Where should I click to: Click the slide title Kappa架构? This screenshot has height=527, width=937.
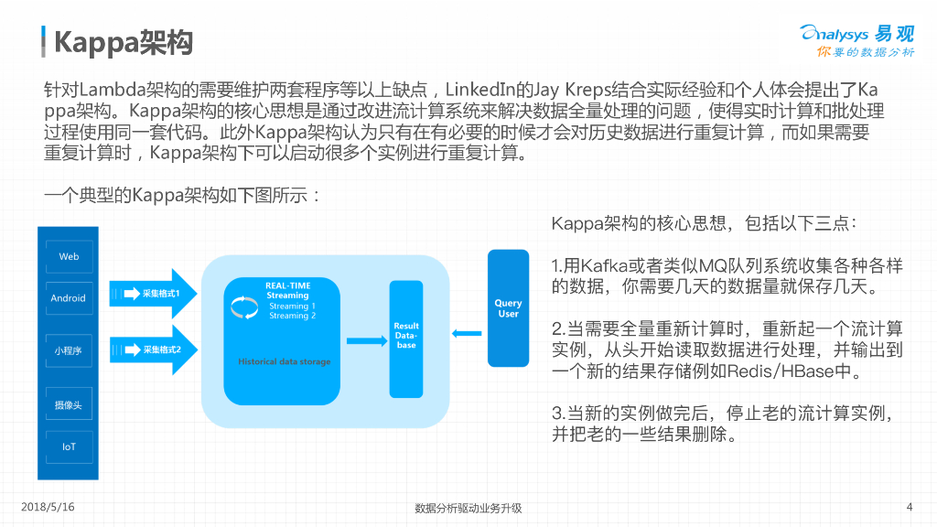tap(123, 41)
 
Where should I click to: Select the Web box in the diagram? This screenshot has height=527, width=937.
tap(69, 256)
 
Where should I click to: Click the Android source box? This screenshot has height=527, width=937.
tap(69, 298)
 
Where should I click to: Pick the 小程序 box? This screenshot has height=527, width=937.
tap(69, 350)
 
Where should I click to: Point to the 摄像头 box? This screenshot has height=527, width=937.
tap(69, 404)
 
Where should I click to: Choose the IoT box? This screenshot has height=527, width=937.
tap(69, 447)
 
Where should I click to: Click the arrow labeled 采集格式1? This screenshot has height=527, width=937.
tap(154, 294)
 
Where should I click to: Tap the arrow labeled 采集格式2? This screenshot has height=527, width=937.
tap(154, 350)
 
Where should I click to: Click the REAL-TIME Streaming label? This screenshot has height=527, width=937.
tap(287, 290)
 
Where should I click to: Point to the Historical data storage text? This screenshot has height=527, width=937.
tap(285, 362)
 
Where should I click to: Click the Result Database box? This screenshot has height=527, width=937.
tap(406, 336)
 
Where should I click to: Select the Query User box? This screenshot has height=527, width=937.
tap(508, 308)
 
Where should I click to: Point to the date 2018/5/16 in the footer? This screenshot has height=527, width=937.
tap(48, 506)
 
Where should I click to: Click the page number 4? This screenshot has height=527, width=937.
tap(909, 506)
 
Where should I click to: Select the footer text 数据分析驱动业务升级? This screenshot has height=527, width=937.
tap(468, 509)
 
